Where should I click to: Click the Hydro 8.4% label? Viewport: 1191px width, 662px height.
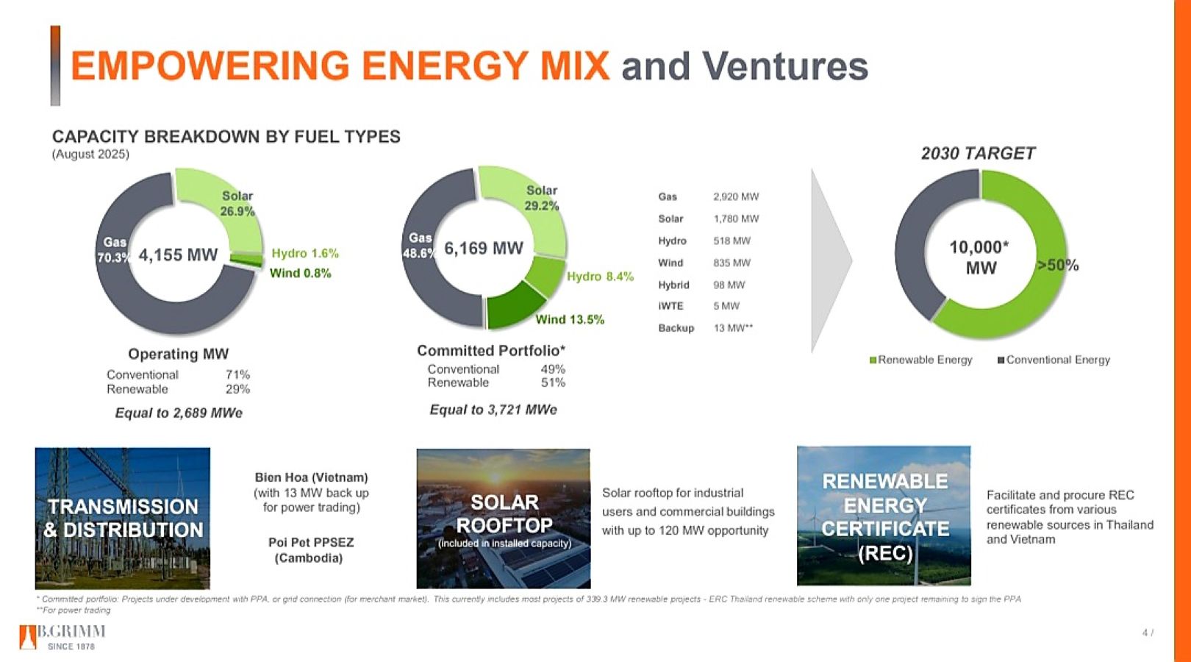click(600, 277)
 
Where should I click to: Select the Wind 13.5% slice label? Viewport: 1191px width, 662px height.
click(570, 319)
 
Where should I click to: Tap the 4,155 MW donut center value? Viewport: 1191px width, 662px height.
click(178, 255)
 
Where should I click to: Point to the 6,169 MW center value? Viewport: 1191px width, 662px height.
click(484, 249)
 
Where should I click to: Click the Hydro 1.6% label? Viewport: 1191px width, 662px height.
click(305, 253)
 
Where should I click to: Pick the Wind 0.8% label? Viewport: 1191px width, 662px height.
click(300, 273)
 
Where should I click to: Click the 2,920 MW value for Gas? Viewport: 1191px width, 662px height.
click(736, 196)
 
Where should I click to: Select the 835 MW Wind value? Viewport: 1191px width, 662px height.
click(732, 263)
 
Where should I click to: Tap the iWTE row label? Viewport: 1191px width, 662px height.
click(670, 306)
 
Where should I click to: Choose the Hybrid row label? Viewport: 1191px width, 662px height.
click(673, 285)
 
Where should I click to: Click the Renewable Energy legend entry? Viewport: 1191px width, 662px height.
click(920, 360)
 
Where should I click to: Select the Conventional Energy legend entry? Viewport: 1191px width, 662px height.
click(1054, 360)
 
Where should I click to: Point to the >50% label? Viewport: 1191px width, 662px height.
click(1057, 266)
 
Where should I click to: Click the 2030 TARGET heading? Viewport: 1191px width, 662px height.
click(978, 154)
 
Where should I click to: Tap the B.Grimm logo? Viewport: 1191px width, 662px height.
click(62, 636)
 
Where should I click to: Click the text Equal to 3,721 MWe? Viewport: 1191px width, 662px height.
click(493, 410)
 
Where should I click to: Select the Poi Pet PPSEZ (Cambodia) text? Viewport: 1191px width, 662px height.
click(311, 549)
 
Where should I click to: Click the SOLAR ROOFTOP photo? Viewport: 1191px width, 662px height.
click(504, 519)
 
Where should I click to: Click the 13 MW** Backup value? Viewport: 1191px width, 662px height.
click(733, 328)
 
